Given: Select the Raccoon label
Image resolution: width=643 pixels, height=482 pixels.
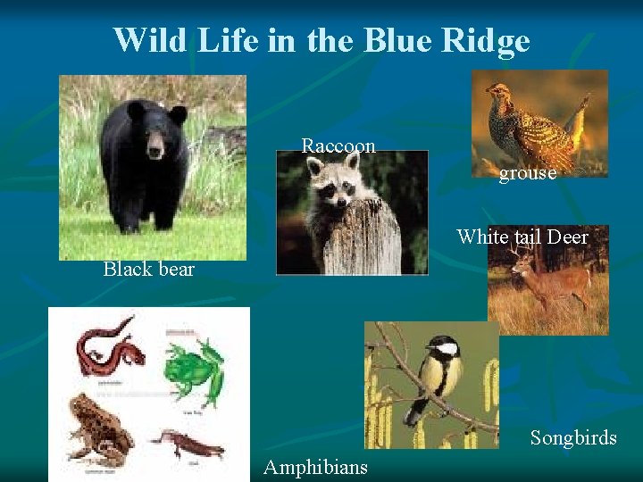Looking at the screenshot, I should pos(338,145).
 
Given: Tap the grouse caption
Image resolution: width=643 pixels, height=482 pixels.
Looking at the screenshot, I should pos(527,173).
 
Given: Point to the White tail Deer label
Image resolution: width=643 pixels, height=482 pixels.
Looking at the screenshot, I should pos(522,237).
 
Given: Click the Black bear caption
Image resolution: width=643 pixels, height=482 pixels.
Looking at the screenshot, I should pos(148,269).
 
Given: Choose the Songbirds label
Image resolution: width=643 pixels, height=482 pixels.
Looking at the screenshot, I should pos(573,437).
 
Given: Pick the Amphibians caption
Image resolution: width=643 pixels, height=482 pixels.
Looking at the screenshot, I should pos(315,467).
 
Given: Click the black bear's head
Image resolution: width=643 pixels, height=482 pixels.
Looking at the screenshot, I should pos(155,129).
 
